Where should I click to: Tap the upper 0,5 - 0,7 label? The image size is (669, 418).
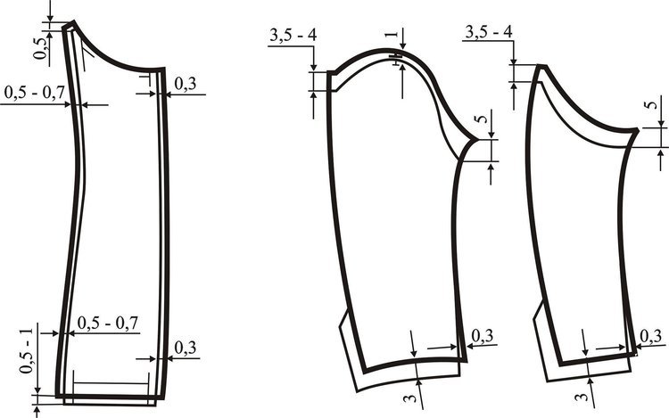click(x=34, y=92)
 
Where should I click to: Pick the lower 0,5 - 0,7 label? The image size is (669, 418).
click(x=108, y=323)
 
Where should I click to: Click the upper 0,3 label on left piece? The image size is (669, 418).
click(x=186, y=84)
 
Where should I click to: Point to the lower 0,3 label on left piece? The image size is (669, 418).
click(x=186, y=348)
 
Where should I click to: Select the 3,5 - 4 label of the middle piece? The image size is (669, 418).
click(x=293, y=35)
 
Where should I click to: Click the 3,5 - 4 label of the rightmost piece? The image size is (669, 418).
click(x=489, y=31)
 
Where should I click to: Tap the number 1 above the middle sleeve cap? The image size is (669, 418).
click(x=391, y=34)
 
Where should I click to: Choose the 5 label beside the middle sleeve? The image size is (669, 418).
click(x=483, y=118)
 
